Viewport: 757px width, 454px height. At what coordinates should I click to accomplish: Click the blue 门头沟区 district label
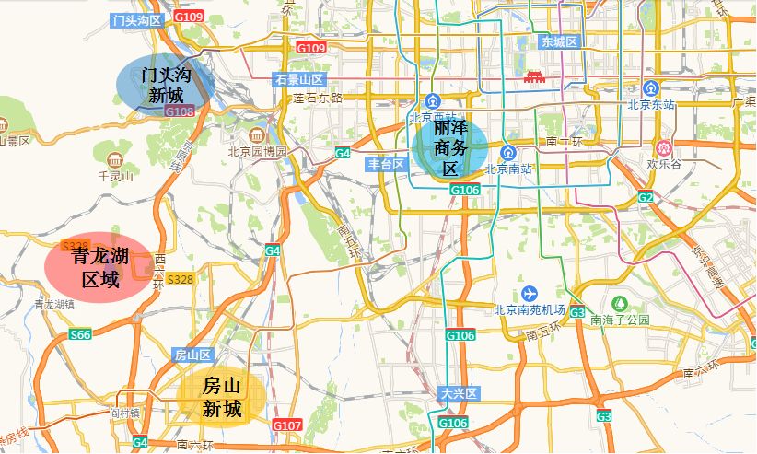[x=135, y=19]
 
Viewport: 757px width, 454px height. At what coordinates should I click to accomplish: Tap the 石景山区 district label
[x=299, y=80]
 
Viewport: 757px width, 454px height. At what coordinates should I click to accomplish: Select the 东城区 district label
[x=558, y=41]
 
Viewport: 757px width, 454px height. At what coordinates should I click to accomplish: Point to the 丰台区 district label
[x=386, y=164]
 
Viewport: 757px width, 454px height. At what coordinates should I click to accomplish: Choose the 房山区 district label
[x=192, y=355]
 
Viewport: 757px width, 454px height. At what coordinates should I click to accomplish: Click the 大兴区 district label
[x=458, y=393]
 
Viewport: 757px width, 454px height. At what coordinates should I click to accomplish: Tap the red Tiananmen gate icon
[x=534, y=77]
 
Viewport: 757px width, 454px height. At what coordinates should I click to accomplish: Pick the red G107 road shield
[x=287, y=425]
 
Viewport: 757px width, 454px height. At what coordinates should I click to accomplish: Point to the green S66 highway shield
[x=81, y=334]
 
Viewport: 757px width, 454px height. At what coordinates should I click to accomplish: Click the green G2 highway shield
[x=645, y=198]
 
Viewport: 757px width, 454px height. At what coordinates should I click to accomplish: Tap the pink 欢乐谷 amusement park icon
[x=663, y=147]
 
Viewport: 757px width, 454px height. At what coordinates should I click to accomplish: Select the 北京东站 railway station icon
[x=651, y=88]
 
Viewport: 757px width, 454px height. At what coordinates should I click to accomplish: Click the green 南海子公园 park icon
[x=621, y=303]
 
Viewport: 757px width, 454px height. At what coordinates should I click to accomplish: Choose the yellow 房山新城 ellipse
[x=222, y=397]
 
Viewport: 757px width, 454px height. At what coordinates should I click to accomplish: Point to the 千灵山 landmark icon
[x=115, y=160]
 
